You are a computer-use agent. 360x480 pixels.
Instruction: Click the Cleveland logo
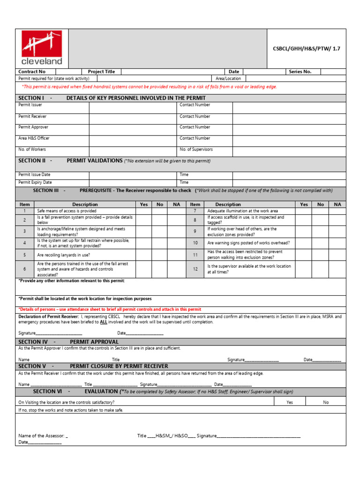coord(42,48)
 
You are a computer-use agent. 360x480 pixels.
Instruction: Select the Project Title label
coord(101,72)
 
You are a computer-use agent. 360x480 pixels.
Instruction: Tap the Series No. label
coord(300,72)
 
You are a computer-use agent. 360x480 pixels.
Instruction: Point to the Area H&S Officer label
coord(34,138)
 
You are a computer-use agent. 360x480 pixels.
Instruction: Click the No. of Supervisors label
coord(196,150)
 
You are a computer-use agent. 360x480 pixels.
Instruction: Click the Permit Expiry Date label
coord(35,182)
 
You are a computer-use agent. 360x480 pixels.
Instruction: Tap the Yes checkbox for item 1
coord(143,211)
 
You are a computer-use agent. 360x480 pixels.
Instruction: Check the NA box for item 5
coord(176,255)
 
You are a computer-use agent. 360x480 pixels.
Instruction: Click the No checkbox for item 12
coord(320,269)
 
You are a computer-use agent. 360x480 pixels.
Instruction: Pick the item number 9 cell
coord(195,231)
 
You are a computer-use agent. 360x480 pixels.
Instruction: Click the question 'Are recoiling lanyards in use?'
coord(64,255)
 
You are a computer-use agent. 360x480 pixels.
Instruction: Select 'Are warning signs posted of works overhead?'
coord(248,243)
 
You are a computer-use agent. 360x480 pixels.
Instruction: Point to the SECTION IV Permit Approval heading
coord(68,342)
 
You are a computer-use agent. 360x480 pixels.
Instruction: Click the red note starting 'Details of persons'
coord(110,309)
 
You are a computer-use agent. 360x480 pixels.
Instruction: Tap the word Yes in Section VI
coord(290,402)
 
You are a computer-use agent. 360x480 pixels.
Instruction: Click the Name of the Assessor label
coord(42,435)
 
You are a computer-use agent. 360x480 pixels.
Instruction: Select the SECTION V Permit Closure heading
coord(93,366)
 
